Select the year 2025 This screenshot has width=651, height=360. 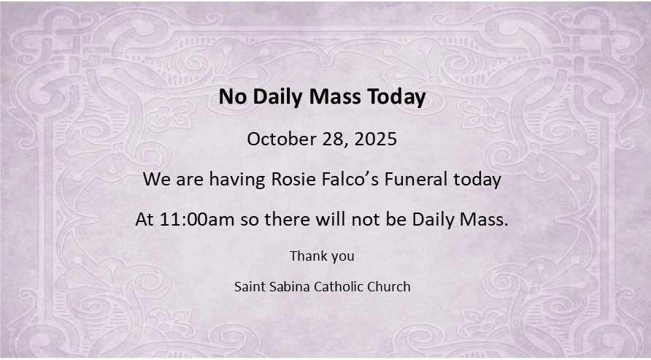coord(376,139)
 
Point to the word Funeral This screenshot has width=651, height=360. coord(416,180)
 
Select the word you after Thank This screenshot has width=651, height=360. coord(343,257)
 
